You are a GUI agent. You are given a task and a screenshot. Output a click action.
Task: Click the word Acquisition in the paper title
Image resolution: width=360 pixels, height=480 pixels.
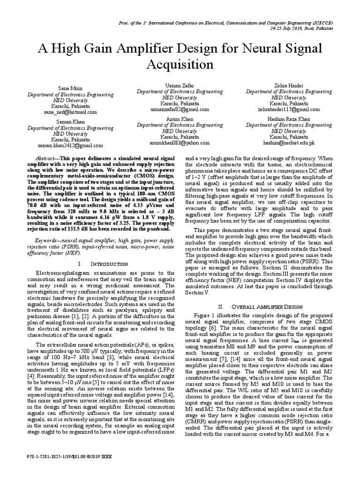tap(180, 63)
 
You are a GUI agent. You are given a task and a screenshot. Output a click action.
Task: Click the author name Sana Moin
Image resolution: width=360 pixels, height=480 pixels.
tap(66, 88)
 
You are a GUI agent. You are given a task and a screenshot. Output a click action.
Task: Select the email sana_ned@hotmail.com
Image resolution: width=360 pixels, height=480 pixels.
tap(70, 112)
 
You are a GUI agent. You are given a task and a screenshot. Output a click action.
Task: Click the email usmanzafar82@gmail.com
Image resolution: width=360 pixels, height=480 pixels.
tap(180, 110)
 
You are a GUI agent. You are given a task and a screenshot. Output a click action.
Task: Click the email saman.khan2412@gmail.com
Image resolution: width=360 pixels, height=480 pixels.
tap(70, 146)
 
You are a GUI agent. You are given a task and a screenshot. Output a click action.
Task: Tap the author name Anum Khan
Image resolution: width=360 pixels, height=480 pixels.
tap(180, 119)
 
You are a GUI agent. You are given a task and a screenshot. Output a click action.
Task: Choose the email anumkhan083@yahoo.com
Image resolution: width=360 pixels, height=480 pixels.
tap(180, 143)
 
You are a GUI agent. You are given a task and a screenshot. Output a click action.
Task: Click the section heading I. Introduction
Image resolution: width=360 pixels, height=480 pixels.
tap(102, 264)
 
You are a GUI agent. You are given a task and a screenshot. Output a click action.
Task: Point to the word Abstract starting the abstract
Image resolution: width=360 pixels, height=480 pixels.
tap(46, 159)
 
